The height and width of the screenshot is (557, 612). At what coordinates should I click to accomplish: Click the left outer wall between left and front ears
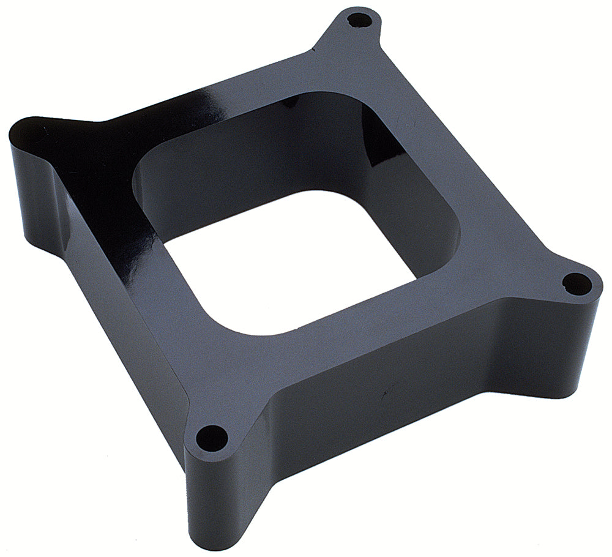pyautogui.click(x=110, y=343)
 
